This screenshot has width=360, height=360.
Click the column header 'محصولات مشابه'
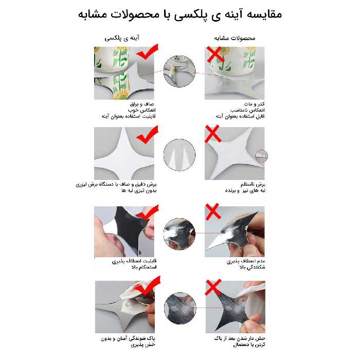click(235, 38)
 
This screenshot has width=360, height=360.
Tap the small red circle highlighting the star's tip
click(262, 155)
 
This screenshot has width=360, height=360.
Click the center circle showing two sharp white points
click(179, 155)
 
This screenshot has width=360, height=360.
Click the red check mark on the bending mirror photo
click(148, 215)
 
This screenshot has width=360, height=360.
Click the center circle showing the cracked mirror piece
click(179, 235)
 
